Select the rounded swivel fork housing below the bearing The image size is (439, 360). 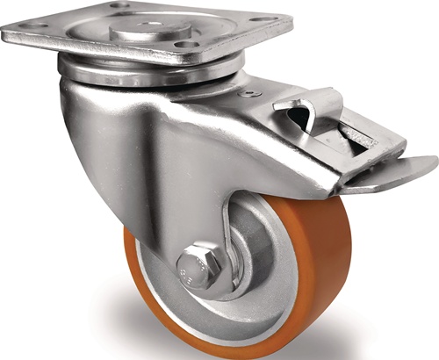(97, 132)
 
